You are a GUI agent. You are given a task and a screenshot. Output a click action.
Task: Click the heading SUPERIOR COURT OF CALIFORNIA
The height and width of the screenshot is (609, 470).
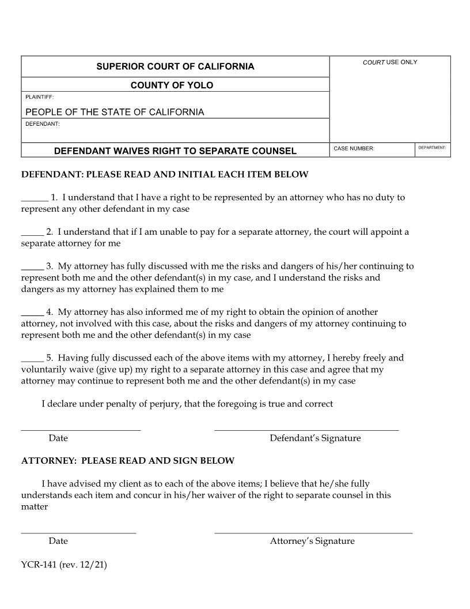[x=175, y=66]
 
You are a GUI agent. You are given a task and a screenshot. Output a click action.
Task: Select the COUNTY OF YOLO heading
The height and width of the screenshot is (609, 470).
[x=172, y=85]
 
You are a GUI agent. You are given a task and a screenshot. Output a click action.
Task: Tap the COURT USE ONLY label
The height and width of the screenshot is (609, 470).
[x=390, y=62]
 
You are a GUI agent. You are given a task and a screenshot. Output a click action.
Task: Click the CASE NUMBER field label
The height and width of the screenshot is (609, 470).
[x=354, y=149]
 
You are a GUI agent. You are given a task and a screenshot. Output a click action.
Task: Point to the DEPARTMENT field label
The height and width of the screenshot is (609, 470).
[x=432, y=148]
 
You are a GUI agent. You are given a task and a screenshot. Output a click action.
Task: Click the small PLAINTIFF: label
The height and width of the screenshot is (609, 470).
[x=39, y=97]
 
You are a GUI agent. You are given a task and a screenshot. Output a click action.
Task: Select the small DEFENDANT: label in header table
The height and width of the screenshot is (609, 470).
[x=42, y=123]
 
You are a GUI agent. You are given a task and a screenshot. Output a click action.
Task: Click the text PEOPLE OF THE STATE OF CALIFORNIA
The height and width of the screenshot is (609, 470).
[x=115, y=112]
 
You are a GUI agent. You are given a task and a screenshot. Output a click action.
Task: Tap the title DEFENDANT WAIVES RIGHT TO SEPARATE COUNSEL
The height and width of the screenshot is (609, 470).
[x=175, y=151]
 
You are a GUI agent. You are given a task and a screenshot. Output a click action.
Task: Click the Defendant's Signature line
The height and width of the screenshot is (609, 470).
[x=306, y=429]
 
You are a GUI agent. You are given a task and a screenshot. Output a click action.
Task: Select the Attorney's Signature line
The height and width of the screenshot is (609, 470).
[x=313, y=532]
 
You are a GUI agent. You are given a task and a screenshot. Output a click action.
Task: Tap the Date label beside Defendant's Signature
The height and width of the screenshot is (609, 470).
[x=58, y=438]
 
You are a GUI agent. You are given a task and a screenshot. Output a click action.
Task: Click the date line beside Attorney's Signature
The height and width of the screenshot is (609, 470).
[x=78, y=532]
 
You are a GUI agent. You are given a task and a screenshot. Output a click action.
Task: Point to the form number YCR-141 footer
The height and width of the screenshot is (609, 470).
[x=64, y=565]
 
